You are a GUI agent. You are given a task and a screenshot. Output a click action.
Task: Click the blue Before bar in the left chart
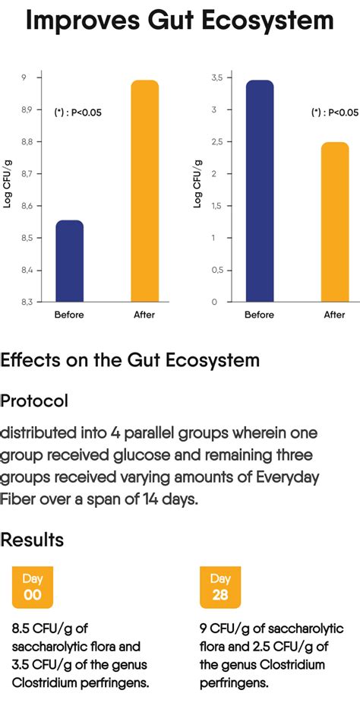coord(70,261)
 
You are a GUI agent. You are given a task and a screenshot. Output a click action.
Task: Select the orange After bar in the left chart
coord(144,190)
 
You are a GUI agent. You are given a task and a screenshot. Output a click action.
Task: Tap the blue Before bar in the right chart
coord(260,190)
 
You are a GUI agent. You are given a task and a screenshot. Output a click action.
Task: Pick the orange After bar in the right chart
coord(334,221)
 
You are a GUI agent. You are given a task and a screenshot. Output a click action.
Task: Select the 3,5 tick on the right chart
coord(216,78)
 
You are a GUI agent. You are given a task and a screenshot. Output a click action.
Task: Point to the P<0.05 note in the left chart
coord(77,112)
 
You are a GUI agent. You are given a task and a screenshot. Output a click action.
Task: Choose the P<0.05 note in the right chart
coord(334,112)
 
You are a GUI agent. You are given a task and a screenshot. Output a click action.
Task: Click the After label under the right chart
coord(334,315)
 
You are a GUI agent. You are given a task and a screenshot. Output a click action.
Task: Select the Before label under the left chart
coord(70,315)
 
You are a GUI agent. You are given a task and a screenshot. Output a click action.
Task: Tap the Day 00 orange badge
coord(32,587)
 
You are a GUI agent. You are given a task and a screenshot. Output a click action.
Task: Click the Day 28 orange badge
coord(219,587)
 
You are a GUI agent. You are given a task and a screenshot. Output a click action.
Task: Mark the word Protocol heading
coord(34,401)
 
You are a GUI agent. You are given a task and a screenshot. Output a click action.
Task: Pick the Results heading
coord(32,540)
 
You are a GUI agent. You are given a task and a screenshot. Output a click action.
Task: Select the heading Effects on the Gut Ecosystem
coord(130,359)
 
